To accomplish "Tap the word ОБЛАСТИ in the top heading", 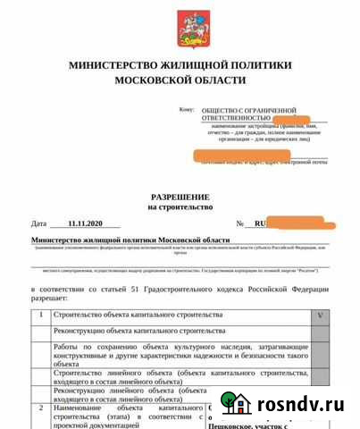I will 214,80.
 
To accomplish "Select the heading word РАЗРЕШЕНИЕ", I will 180,196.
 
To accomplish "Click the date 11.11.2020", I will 86,223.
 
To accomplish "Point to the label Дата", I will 38,223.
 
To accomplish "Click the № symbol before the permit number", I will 239,223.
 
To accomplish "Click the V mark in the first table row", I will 322,315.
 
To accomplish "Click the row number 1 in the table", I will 40,315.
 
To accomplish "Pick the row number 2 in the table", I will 40,408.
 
